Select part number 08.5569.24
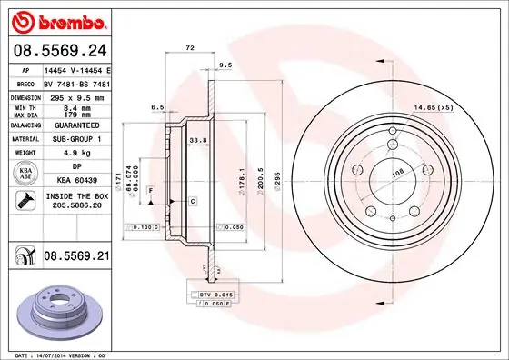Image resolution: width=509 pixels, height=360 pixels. click(58, 51)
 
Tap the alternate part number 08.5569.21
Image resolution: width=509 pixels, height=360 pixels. click(75, 256)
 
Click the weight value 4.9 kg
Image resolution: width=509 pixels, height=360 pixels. click(75, 153)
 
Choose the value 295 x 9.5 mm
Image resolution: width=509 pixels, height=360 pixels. click(76, 95)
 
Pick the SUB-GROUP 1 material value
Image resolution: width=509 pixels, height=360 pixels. click(75, 138)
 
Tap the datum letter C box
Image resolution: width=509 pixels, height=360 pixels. click(194, 199)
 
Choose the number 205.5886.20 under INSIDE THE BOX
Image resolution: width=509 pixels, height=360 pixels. click(75, 206)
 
